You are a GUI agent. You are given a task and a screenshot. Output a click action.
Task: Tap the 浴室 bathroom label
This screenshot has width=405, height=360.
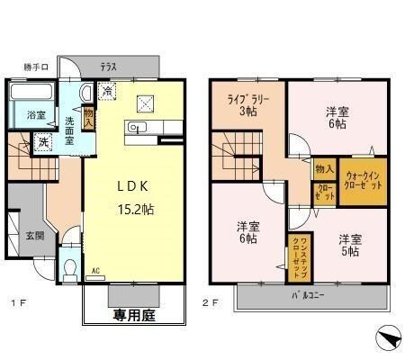35,114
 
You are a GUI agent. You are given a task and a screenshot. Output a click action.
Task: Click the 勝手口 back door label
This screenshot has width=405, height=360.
34,67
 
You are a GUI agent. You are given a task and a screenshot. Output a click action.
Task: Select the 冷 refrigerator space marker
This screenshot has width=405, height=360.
107,91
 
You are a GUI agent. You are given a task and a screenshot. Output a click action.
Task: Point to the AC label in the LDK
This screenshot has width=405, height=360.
95,269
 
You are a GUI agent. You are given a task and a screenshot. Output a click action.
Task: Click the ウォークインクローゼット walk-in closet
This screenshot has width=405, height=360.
362,179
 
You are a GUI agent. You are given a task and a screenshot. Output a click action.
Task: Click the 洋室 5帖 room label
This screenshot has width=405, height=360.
349,245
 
